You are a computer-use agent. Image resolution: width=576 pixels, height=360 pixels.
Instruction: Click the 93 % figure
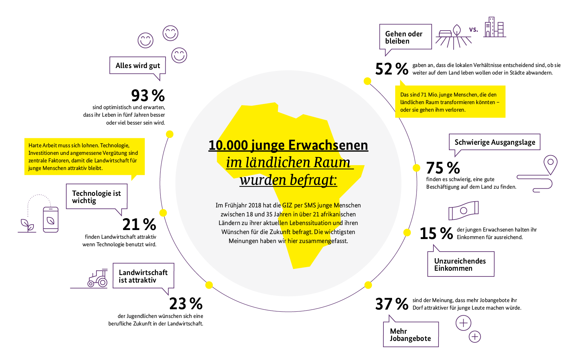click(x=148, y=96)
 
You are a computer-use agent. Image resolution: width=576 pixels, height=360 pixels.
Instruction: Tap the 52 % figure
click(x=391, y=69)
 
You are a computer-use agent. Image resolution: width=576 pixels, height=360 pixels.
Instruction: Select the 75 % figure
click(x=443, y=168)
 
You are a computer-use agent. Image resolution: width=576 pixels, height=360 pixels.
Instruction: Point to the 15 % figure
click(x=436, y=234)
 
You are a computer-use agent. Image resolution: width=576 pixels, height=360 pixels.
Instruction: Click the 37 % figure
click(x=391, y=304)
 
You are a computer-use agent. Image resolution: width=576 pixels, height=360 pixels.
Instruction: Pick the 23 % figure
click(x=186, y=304)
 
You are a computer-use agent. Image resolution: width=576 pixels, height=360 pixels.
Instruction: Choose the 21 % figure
click(x=139, y=225)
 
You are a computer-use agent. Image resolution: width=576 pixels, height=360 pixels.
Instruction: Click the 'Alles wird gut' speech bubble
click(x=138, y=66)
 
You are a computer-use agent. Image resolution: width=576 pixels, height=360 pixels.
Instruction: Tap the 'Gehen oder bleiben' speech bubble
click(x=405, y=37)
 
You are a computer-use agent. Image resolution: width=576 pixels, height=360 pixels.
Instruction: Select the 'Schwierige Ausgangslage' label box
click(x=495, y=142)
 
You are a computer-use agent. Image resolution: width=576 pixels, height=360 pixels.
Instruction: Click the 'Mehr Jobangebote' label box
click(x=410, y=334)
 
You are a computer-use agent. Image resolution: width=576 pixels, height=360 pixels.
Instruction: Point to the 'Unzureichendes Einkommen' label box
click(x=460, y=264)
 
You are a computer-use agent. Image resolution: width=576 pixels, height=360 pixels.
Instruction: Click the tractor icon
click(x=98, y=279)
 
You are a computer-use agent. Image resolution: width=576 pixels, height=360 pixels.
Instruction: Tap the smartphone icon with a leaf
click(x=50, y=220)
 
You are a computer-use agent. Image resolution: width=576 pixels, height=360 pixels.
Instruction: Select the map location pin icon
click(x=550, y=164)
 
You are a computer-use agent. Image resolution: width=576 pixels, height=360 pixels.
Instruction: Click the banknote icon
click(x=463, y=211)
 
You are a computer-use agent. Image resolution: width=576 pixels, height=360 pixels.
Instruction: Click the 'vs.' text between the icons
click(x=473, y=30)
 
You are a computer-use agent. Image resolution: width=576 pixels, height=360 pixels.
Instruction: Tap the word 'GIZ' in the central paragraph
click(x=287, y=205)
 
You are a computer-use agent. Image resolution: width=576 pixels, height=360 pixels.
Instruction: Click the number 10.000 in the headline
click(x=228, y=145)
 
